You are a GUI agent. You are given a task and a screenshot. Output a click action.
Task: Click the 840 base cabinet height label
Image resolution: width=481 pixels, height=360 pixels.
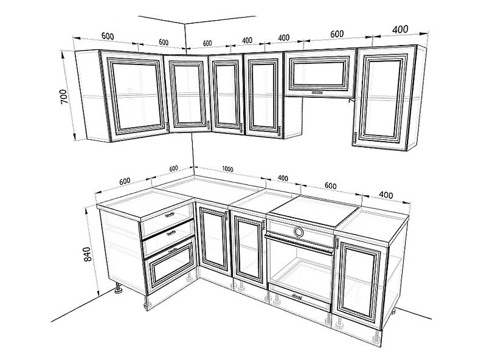[x=88, y=254]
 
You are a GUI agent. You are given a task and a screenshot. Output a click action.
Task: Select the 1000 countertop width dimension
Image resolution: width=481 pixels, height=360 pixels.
[x=227, y=169]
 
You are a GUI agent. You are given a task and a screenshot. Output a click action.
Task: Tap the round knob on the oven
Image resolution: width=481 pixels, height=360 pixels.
[x=298, y=232]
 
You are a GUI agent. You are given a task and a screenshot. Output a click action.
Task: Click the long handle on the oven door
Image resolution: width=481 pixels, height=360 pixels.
[x=299, y=244]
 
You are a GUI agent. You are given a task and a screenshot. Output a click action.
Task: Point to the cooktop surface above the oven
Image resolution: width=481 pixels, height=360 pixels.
[x=316, y=210]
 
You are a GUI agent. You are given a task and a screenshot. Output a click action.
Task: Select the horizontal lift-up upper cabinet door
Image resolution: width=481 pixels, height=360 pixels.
[x=320, y=73]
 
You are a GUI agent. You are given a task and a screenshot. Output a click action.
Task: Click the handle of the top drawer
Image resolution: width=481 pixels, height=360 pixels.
[x=169, y=215]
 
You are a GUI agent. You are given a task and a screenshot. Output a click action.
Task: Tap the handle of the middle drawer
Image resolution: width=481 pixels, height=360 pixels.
[x=171, y=233]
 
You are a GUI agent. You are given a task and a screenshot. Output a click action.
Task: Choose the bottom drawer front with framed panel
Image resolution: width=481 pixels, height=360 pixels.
[x=170, y=265]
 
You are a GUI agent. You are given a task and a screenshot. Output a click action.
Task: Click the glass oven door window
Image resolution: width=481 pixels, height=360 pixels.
[x=299, y=269]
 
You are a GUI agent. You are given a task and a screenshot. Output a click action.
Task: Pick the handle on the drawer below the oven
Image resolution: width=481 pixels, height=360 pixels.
[x=297, y=297]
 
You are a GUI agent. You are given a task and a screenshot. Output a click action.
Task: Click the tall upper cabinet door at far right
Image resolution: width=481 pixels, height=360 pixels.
[x=385, y=98]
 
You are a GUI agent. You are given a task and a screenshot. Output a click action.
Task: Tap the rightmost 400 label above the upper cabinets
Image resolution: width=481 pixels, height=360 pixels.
[x=400, y=29]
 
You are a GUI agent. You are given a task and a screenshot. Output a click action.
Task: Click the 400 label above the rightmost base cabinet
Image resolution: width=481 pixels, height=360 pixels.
[x=386, y=195]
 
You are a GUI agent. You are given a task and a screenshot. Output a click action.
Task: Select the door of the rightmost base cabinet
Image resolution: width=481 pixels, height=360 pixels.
[x=359, y=282]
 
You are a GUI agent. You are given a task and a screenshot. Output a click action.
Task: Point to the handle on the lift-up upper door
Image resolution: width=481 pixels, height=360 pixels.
[x=317, y=92]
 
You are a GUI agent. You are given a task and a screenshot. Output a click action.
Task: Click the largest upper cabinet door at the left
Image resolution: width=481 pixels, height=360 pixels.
[x=135, y=95]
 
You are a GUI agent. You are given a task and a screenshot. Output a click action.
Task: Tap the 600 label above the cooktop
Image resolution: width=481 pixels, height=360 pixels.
[x=330, y=186]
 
